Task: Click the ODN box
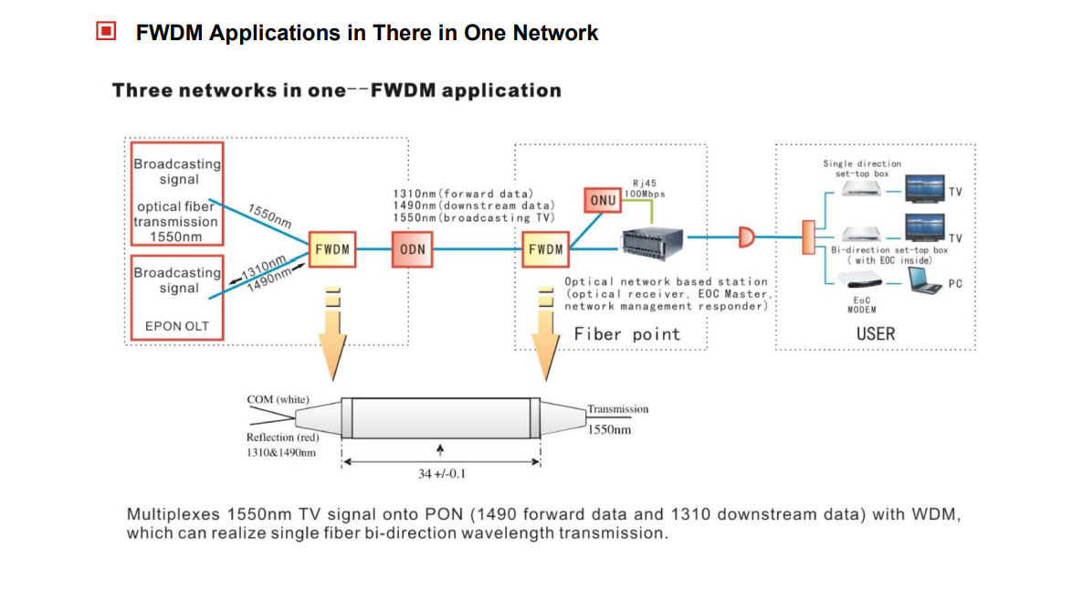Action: (413, 249)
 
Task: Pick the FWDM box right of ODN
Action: (545, 249)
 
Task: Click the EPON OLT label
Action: (176, 326)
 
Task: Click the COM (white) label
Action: (279, 400)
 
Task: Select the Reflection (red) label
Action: (283, 438)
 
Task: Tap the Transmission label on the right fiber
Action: (617, 409)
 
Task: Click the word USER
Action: (876, 334)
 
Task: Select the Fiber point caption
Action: (626, 334)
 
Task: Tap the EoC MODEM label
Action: (862, 304)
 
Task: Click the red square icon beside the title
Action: (107, 32)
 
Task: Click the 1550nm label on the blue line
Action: (270, 216)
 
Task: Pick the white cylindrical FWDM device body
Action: (441, 417)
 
